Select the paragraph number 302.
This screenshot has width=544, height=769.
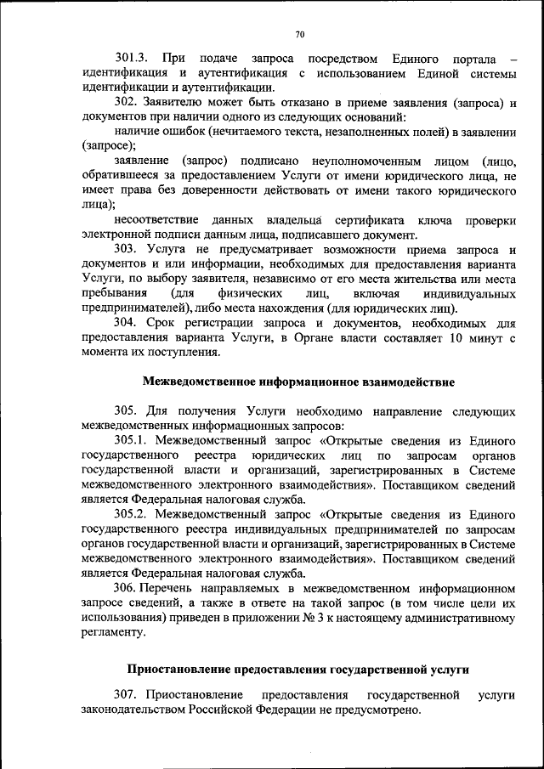(x=126, y=102)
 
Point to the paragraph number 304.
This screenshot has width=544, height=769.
(x=126, y=323)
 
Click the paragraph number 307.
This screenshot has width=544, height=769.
(x=126, y=695)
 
